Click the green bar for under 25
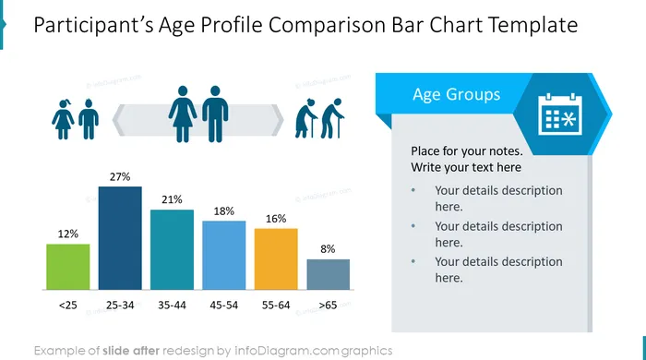click(x=68, y=267)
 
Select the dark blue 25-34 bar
click(x=120, y=238)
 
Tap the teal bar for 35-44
click(x=172, y=249)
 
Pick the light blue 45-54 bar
click(x=223, y=256)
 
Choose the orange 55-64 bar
click(x=276, y=259)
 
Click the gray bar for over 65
click(x=329, y=274)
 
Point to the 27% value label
click(x=120, y=176)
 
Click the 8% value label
click(x=328, y=249)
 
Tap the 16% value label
click(x=276, y=218)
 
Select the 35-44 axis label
click(x=172, y=306)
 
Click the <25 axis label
click(x=68, y=306)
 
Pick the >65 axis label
click(x=328, y=306)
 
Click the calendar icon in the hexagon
click(x=560, y=114)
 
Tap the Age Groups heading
click(x=457, y=94)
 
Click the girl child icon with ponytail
click(x=63, y=119)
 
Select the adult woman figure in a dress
click(x=183, y=114)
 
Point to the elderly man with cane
click(x=332, y=118)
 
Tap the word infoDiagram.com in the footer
click(x=287, y=351)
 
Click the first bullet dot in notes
click(x=413, y=190)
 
